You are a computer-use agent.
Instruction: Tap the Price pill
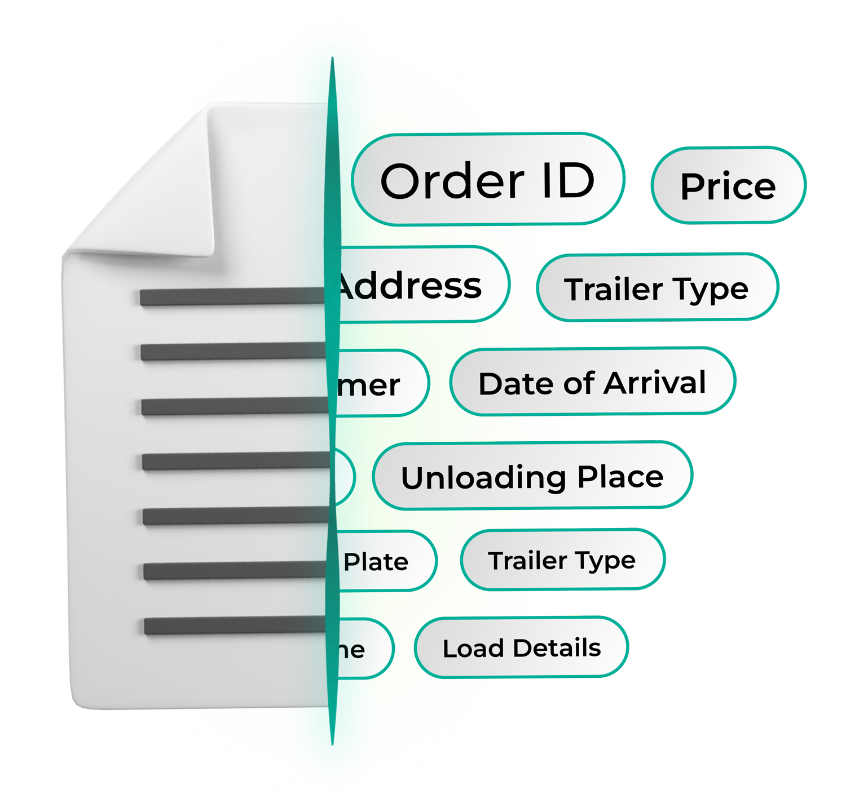point(728,186)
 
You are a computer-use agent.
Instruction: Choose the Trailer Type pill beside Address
point(656,289)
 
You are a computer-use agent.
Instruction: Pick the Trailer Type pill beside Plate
point(562,560)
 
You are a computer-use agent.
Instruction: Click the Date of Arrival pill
point(592,383)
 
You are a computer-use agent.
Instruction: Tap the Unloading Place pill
point(532,477)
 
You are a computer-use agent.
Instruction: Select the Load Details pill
point(521,648)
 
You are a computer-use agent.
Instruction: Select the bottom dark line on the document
point(235,625)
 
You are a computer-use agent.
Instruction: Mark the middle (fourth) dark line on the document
point(235,461)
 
